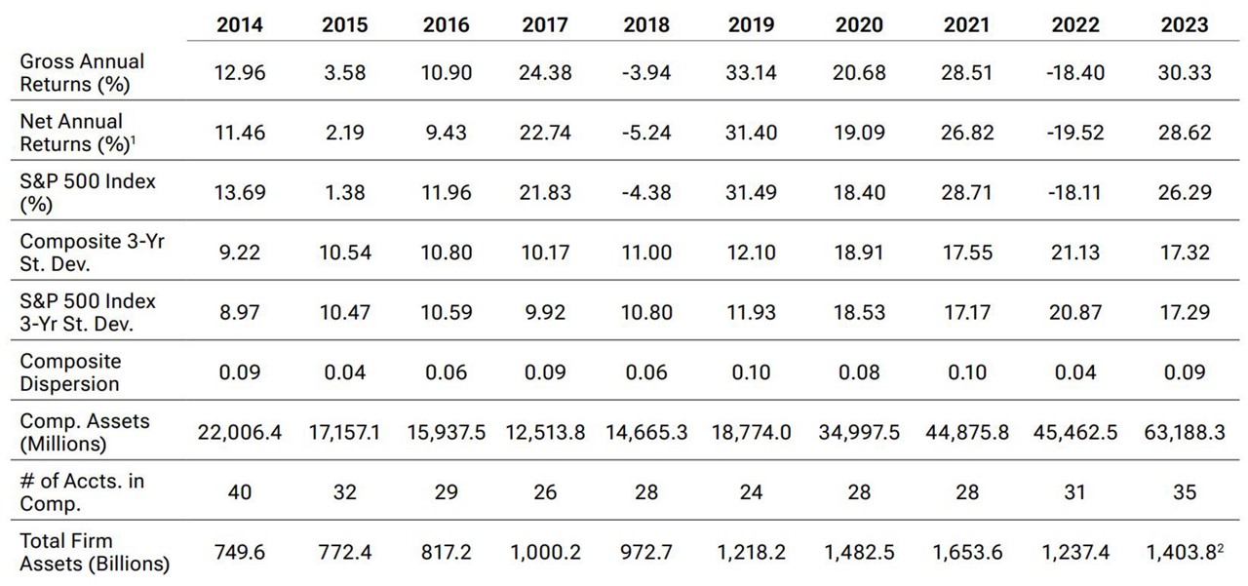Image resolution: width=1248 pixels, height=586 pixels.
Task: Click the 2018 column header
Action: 647,24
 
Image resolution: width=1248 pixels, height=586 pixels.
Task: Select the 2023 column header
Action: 1184,24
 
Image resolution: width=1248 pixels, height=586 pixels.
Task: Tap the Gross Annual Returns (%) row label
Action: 82,72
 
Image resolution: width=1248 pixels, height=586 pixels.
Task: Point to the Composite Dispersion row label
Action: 70,371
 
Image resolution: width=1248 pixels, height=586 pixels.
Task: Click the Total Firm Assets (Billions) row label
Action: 95,552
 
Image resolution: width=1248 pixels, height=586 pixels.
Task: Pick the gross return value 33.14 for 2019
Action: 752,72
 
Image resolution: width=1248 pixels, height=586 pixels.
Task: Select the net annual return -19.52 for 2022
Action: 1074,133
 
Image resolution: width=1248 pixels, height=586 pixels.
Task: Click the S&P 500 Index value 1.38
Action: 345,192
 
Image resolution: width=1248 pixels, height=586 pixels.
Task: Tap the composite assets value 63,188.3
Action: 1184,432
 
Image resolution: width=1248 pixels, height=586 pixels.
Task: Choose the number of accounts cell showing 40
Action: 239,491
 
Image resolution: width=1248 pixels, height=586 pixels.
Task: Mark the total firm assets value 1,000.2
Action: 545,552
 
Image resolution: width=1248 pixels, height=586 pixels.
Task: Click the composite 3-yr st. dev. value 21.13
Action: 1074,253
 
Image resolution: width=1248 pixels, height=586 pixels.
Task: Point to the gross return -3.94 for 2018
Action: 647,72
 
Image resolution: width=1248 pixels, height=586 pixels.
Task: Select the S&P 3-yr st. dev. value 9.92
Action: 545,312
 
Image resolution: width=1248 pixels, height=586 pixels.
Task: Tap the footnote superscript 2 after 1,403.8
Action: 1220,545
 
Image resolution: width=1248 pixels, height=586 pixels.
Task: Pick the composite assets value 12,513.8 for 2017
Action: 545,432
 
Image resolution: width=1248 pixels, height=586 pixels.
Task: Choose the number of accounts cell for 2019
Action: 752,491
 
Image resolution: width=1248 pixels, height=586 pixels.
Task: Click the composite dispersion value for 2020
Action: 859,371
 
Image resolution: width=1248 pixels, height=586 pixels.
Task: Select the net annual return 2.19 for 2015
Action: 345,133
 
